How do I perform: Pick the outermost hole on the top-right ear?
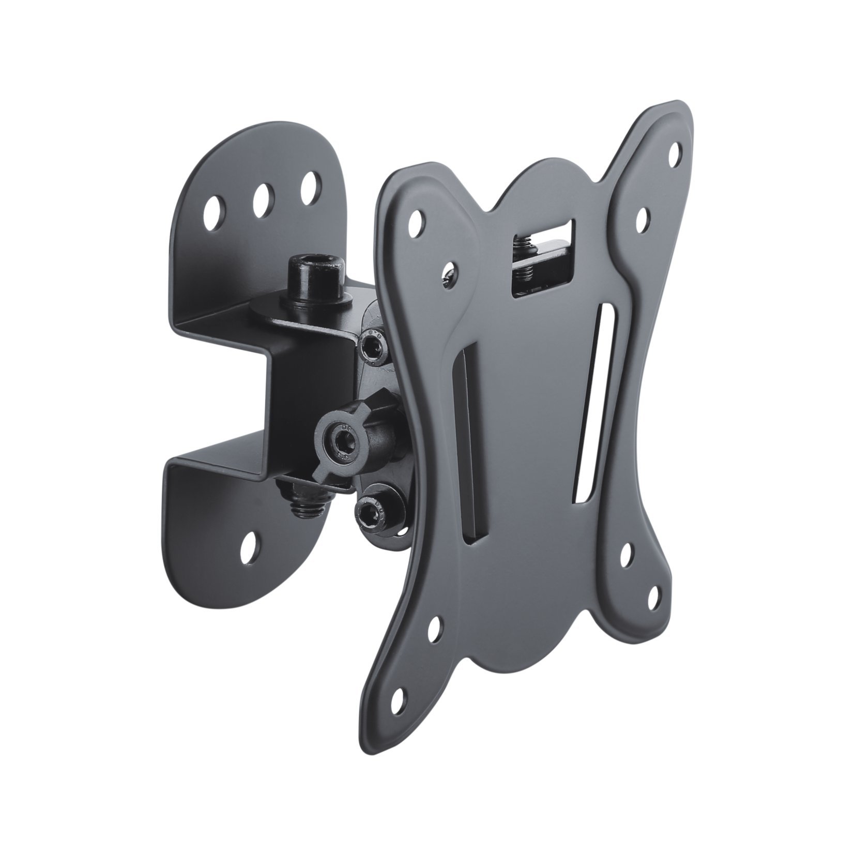click(x=675, y=153)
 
